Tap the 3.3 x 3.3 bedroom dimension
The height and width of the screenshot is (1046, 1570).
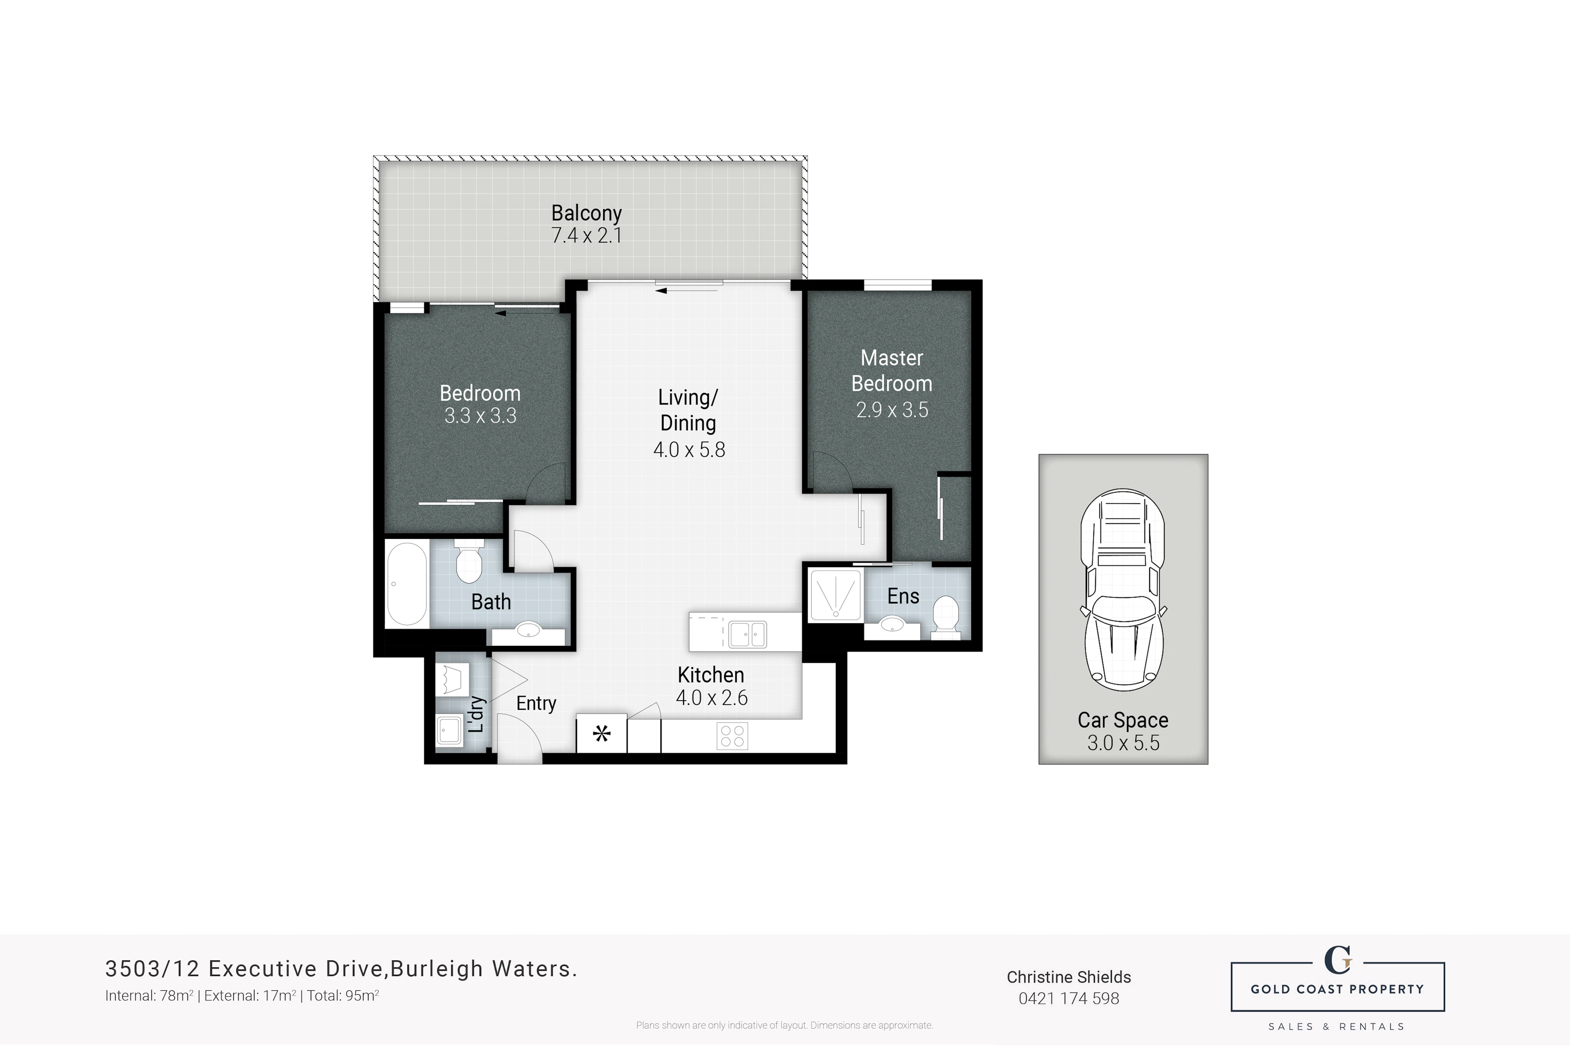click(x=480, y=416)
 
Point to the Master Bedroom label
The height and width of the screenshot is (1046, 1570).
click(x=892, y=371)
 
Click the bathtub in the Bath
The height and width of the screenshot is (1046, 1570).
click(x=407, y=584)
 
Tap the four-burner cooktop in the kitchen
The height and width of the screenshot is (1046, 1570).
click(x=733, y=736)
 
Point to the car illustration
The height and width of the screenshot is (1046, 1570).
click(x=1123, y=590)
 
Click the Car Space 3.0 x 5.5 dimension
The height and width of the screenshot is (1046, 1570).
click(x=1124, y=742)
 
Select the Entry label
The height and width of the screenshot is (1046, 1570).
click(x=537, y=703)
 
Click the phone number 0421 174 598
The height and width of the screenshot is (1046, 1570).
click(x=1069, y=999)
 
